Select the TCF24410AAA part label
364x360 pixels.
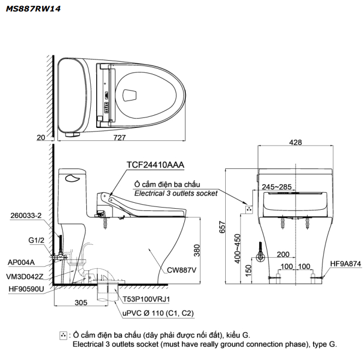(155, 164)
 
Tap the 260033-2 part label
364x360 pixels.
(26, 215)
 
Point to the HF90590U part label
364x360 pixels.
(26, 289)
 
